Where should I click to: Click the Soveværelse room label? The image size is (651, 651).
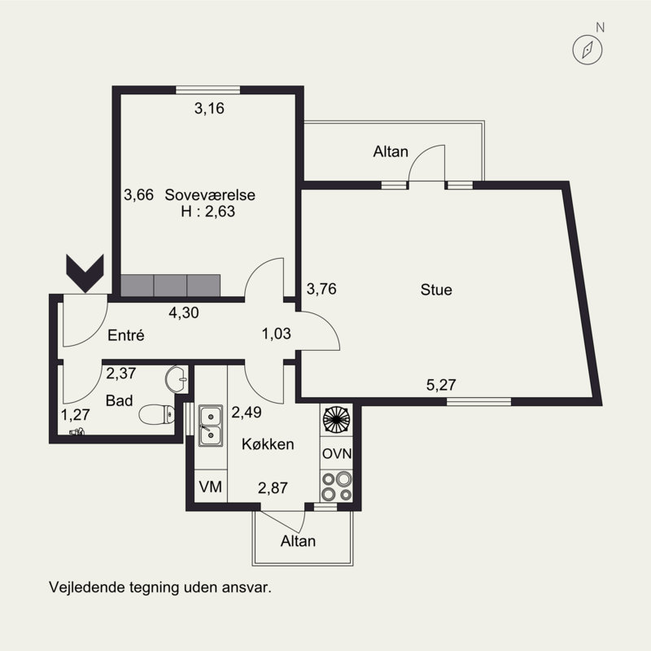(210, 194)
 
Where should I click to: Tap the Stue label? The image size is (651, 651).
(436, 290)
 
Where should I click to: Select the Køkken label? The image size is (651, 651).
(268, 444)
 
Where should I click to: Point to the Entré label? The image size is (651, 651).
(126, 335)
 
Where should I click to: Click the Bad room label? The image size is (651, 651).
(119, 400)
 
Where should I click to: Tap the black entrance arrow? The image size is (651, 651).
(85, 273)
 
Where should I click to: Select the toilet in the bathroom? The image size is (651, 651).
(156, 414)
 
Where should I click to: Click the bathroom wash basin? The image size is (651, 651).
(176, 378)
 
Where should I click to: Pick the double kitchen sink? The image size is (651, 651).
(211, 426)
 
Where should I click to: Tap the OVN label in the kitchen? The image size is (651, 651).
(337, 453)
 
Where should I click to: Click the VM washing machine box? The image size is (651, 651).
(211, 487)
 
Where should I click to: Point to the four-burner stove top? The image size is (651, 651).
(336, 486)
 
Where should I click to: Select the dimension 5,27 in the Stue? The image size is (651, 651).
(441, 385)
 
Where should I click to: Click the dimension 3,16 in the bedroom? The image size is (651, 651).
(209, 108)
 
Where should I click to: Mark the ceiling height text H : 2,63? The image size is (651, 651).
(208, 212)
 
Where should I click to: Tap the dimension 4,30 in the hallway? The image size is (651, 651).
(184, 312)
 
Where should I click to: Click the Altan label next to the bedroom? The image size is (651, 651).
(391, 151)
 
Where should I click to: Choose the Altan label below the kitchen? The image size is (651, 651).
(298, 541)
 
